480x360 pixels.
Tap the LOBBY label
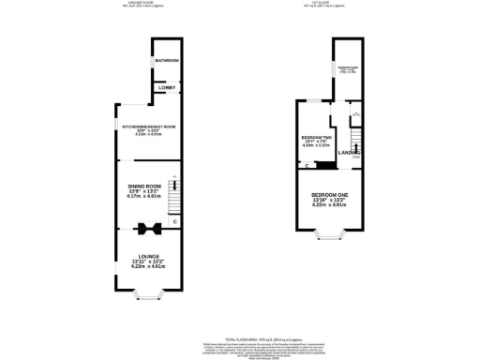click(x=167, y=88)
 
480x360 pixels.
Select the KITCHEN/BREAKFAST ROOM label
click(x=142, y=126)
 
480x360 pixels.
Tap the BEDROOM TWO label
click(x=313, y=137)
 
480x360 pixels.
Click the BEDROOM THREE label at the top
click(x=348, y=68)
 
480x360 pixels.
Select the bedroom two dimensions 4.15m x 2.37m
click(x=313, y=147)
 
